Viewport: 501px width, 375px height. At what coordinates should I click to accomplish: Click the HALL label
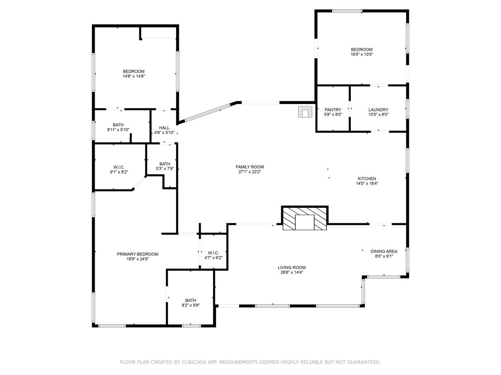[164, 128]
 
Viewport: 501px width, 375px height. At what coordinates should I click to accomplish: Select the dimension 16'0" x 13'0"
[362, 54]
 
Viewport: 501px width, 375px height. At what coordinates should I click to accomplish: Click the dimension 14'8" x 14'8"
[134, 76]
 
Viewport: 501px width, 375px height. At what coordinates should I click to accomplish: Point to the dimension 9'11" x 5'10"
[118, 130]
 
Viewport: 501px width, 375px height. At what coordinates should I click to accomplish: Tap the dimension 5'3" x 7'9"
[165, 169]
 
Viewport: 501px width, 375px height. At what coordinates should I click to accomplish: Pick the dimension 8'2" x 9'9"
[191, 305]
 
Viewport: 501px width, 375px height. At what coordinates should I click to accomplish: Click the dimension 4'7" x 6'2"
[213, 258]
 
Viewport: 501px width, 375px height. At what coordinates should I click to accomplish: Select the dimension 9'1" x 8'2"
[119, 172]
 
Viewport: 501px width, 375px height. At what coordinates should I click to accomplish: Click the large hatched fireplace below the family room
[305, 218]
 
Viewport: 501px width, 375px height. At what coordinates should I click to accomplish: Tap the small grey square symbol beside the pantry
[305, 112]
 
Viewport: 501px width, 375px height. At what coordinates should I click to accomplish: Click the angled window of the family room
[207, 112]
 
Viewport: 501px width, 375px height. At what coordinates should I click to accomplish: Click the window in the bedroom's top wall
[347, 11]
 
